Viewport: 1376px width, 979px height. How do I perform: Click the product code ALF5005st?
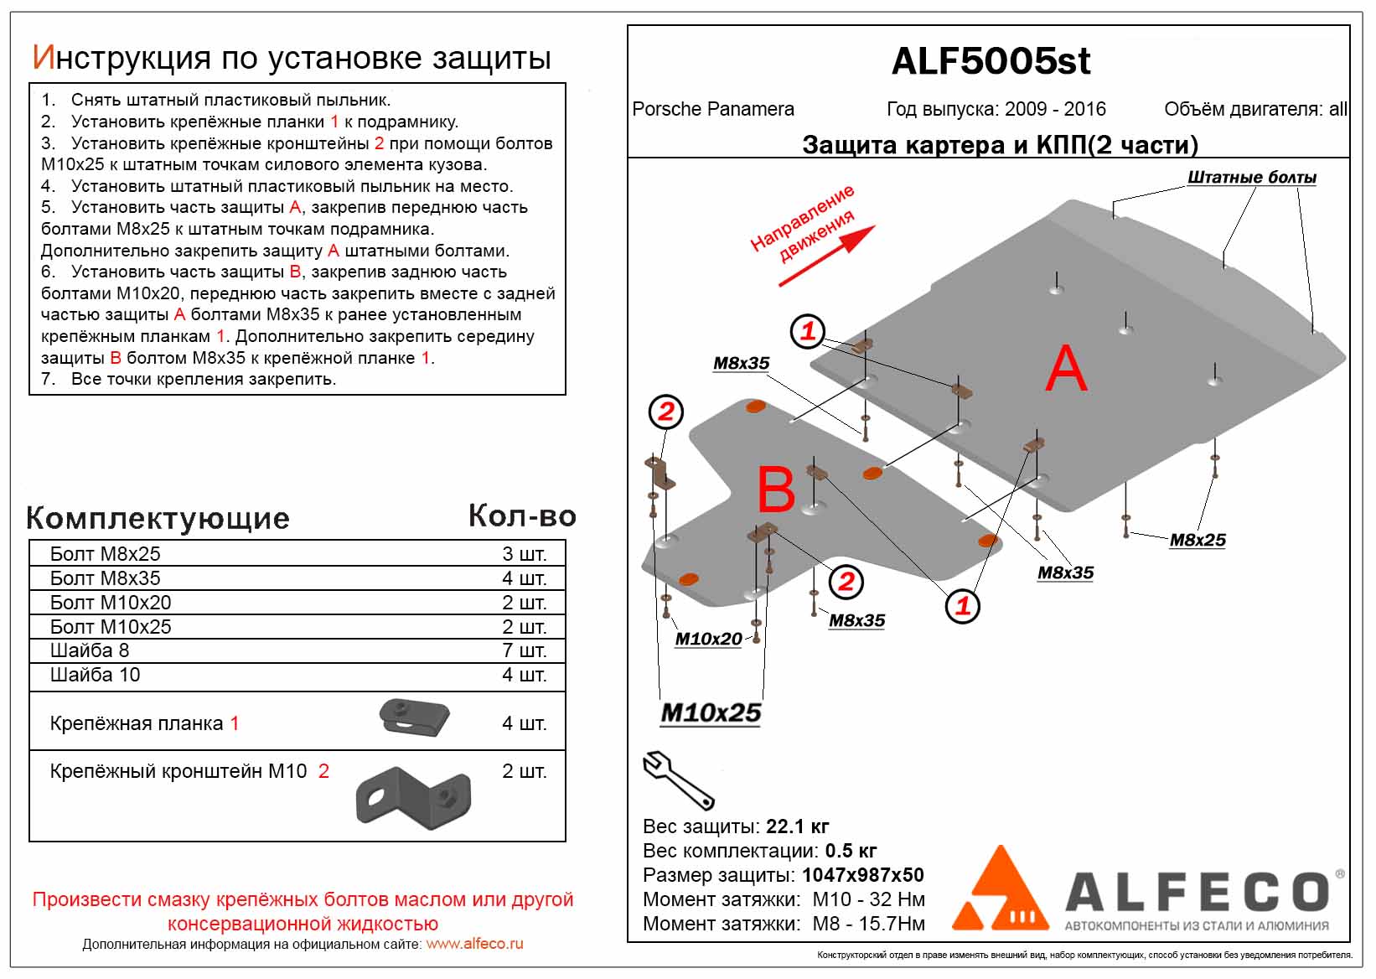pos(991,61)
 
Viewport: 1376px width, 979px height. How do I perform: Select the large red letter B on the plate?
pos(775,489)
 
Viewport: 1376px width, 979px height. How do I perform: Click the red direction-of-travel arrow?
pos(828,256)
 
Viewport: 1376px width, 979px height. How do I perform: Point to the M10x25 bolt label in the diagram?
pos(711,713)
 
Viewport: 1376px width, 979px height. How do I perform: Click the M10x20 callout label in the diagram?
pos(708,639)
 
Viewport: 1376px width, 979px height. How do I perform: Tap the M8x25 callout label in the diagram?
pos(1198,541)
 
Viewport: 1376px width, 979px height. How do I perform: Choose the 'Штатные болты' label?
pos(1251,178)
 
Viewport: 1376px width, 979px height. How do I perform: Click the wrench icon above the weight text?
pos(677,780)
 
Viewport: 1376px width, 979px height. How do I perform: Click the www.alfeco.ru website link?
pos(474,944)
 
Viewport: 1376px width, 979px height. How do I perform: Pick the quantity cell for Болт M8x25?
pos(524,554)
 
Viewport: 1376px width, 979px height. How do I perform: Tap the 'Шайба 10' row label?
pos(96,675)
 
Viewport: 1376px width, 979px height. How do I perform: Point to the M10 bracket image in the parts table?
pos(413,796)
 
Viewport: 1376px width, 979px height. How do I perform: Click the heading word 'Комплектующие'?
pos(158,518)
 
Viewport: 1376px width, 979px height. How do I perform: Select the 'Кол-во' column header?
pos(522,516)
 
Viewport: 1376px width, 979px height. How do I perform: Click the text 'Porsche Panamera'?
pos(713,110)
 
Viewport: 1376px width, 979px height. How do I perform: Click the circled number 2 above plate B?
pos(666,412)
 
